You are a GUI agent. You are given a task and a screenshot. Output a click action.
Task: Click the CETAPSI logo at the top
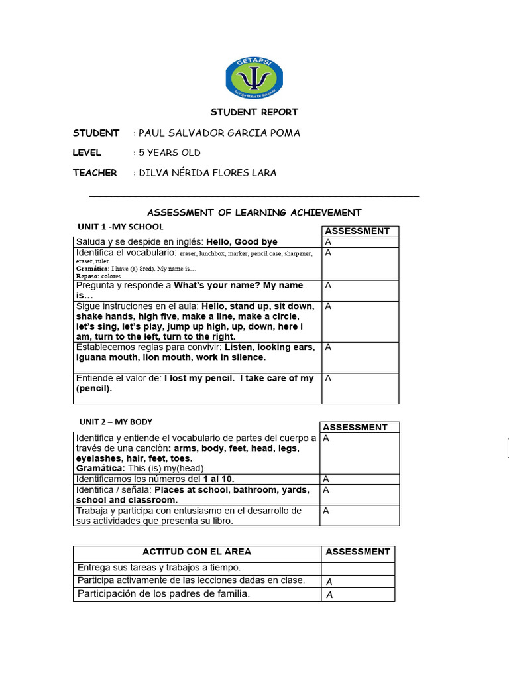pos(254,78)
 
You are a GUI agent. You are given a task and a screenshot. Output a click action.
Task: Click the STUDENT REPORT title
pos(254,113)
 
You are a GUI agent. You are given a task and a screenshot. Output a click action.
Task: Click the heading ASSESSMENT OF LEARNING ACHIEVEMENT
pos(254,213)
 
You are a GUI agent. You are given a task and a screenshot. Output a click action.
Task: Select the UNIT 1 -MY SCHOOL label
pos(121,227)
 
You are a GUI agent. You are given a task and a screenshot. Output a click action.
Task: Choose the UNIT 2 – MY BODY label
pos(116,422)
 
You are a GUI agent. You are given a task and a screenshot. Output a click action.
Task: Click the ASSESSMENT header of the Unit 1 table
pos(357,231)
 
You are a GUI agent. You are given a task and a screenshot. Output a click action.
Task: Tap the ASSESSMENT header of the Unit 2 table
pos(355,428)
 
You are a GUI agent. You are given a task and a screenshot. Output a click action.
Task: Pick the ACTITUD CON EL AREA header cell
pos(197,552)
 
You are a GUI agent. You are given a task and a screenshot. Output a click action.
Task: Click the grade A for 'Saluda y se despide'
pos(328,242)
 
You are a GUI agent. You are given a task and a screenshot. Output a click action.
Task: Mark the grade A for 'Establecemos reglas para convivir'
pos(328,347)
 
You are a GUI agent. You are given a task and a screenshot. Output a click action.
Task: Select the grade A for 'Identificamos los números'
pos(326,479)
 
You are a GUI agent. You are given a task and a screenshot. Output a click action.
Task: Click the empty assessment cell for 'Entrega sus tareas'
pos(358,568)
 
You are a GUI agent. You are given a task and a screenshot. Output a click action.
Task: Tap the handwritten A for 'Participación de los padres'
pos(329,595)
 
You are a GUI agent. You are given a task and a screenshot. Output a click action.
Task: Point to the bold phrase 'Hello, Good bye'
pos(242,242)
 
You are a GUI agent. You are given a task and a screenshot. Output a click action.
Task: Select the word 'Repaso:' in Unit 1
pos(87,276)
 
